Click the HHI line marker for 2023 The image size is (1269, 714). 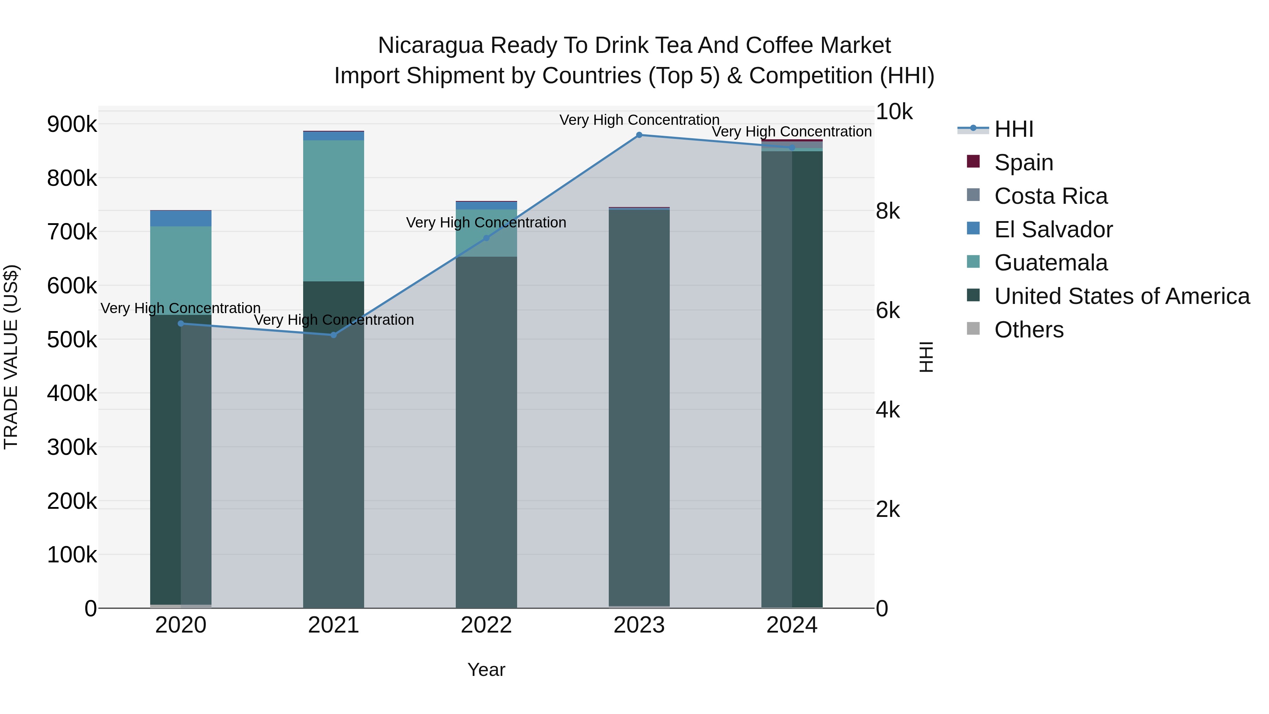click(x=639, y=135)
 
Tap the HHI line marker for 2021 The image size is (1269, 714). click(x=333, y=335)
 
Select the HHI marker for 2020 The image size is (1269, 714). click(x=181, y=324)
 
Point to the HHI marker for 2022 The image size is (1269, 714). click(x=486, y=238)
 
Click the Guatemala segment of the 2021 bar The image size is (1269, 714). click(x=333, y=211)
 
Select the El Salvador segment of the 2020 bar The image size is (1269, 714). click(x=181, y=219)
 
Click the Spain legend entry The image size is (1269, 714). click(x=1023, y=163)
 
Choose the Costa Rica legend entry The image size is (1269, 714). click(x=1050, y=196)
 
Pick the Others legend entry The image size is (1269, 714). click(x=1029, y=330)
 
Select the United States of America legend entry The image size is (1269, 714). click(x=1122, y=296)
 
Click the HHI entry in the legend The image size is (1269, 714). click(x=1013, y=129)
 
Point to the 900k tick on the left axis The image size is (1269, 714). click(x=72, y=124)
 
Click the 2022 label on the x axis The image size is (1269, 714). click(x=486, y=625)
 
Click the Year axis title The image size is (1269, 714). click(x=486, y=670)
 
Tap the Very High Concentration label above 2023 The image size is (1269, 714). click(x=639, y=120)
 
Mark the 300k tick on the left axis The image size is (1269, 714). click(x=72, y=447)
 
